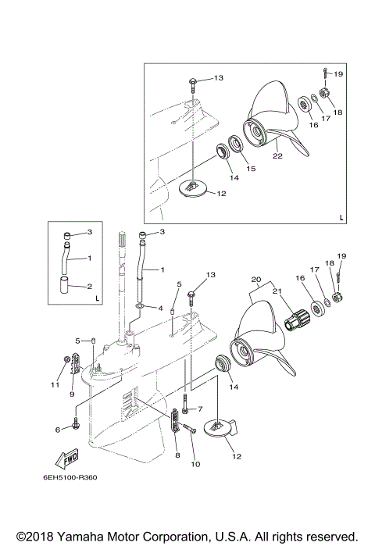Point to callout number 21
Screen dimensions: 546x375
274,291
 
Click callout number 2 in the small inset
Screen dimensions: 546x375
88,286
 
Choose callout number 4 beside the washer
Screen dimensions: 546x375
160,308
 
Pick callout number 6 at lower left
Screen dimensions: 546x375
58,430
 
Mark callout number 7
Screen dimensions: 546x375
200,409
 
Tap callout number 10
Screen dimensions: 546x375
195,465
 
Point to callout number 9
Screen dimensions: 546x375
72,394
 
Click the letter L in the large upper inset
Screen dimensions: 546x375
341,217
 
